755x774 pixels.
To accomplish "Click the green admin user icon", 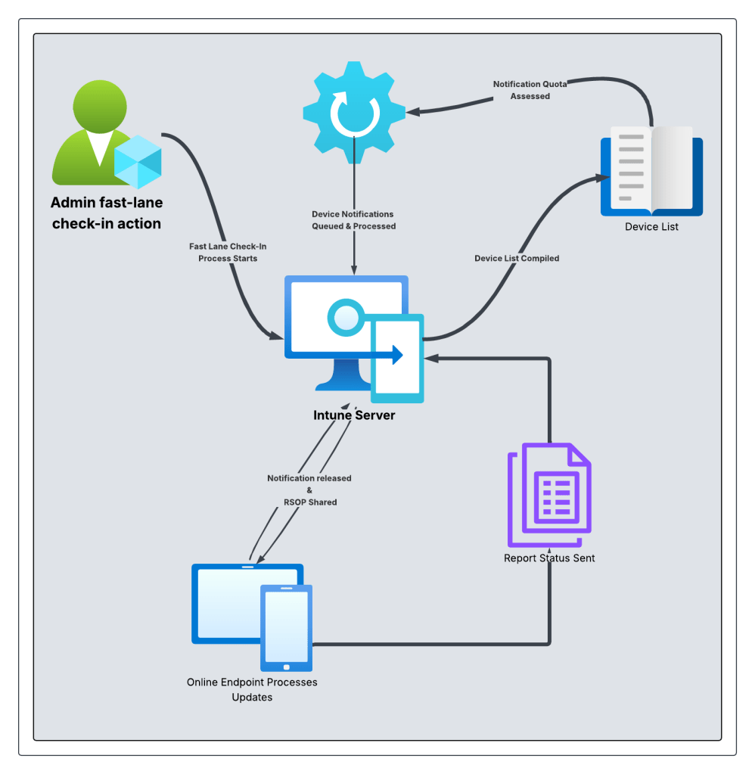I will (95, 132).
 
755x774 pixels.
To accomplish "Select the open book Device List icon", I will (651, 172).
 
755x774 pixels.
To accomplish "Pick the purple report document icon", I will (548, 496).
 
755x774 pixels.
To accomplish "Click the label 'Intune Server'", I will (354, 415).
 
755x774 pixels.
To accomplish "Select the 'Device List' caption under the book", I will (651, 226).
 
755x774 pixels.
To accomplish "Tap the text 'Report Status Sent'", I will (549, 558).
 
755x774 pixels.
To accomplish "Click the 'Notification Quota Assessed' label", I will (530, 90).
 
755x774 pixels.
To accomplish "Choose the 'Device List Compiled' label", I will (517, 258).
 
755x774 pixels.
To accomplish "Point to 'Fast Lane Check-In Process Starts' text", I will (228, 252).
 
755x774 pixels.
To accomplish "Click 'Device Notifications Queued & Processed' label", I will (353, 220).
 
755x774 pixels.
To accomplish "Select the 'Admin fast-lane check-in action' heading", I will (106, 213).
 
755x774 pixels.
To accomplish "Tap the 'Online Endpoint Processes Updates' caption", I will (252, 689).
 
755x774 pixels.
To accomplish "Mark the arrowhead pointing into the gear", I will (412, 112).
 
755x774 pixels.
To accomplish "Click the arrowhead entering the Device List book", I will (604, 178).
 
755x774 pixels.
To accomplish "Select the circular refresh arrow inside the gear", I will (353, 113).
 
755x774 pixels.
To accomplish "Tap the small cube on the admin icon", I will (138, 162).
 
